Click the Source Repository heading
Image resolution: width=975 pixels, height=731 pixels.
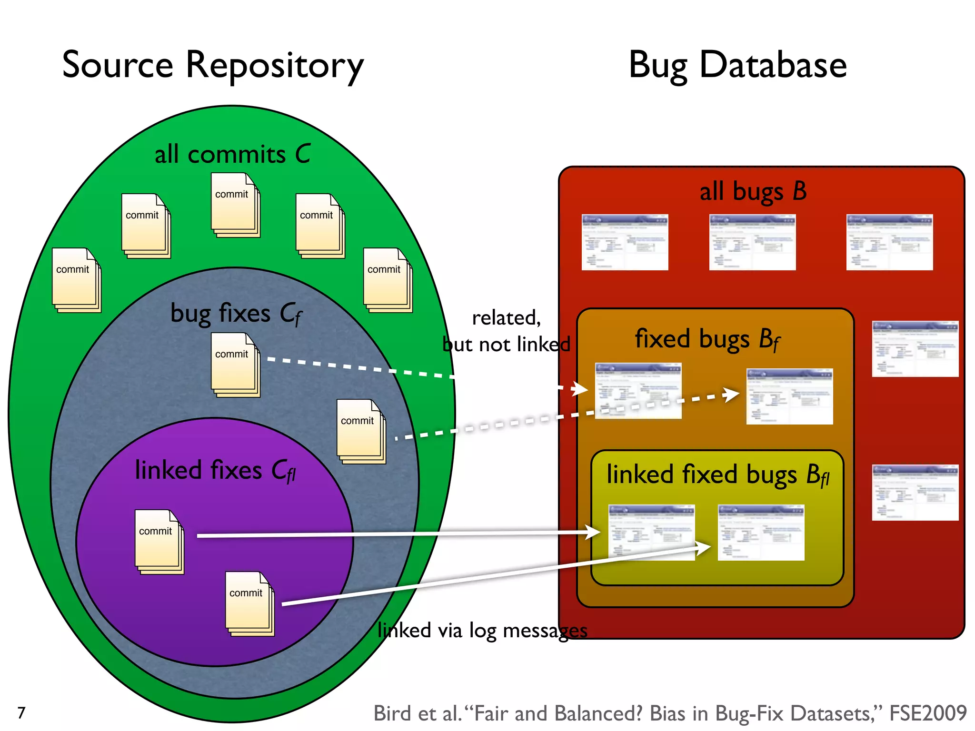213,65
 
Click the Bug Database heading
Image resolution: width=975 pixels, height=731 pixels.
737,65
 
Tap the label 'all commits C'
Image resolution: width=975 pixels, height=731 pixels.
232,154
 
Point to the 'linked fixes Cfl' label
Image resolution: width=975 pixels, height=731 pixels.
215,470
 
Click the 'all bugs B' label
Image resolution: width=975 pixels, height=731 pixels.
753,191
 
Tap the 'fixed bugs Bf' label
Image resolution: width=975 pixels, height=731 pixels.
707,339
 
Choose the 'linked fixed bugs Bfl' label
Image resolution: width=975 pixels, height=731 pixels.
717,474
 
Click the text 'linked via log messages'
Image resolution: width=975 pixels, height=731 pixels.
482,630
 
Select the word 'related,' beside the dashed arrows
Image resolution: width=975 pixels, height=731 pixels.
506,317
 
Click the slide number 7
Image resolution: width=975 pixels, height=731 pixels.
21,712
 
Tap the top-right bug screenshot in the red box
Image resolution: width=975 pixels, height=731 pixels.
889,242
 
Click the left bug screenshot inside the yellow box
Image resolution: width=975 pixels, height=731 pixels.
651,532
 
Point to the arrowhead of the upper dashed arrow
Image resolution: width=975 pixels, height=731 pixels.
581,389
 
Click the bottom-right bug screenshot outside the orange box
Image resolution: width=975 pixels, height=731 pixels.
915,493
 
